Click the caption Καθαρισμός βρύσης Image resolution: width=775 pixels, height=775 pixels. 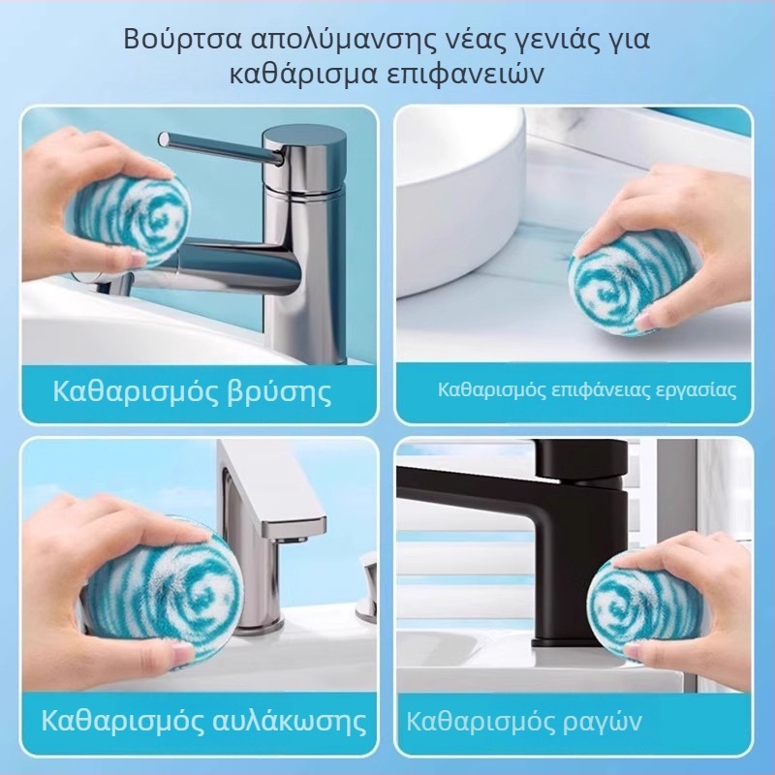pos(192,392)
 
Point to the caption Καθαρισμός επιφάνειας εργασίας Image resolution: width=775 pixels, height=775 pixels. pos(587,390)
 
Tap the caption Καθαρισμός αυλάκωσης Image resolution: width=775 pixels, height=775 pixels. pos(204,721)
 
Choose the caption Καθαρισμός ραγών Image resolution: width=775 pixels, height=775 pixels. pos(523,722)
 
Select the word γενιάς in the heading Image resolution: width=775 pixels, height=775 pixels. pos(537,41)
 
